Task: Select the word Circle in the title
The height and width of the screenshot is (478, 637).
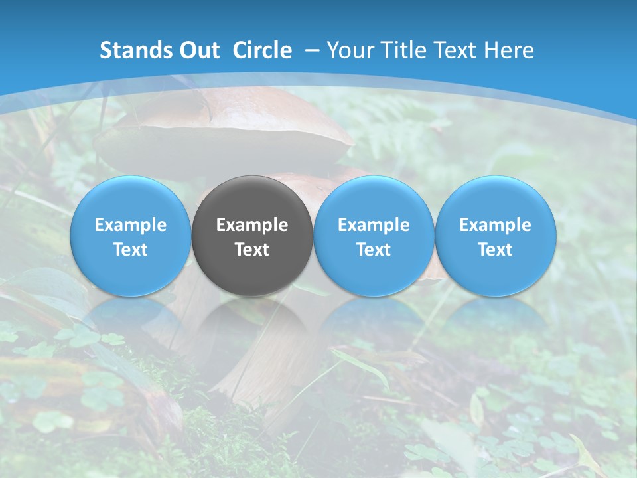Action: click(261, 50)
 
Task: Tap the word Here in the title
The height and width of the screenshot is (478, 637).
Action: click(509, 50)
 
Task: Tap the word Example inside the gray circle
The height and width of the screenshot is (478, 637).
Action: click(252, 225)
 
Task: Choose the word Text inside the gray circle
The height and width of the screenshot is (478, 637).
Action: click(252, 250)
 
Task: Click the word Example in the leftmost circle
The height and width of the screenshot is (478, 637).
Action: click(130, 225)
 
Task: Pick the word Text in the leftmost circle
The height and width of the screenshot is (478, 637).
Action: click(130, 250)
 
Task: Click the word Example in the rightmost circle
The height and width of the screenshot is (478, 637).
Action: click(496, 225)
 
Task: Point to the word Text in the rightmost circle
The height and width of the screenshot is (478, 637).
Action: click(496, 250)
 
